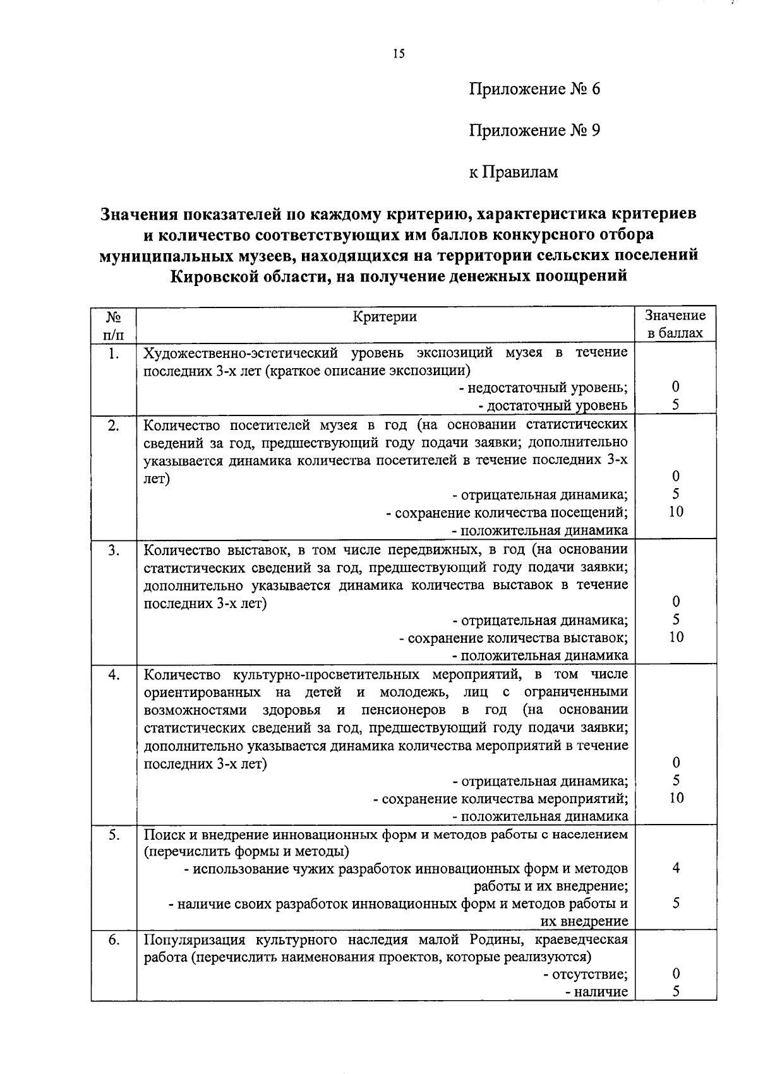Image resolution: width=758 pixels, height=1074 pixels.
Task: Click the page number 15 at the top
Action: click(x=398, y=54)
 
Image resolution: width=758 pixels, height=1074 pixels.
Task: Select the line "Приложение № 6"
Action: click(x=534, y=89)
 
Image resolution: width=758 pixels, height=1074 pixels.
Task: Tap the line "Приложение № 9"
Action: click(x=534, y=131)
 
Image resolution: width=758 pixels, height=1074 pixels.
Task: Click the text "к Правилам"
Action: click(x=514, y=172)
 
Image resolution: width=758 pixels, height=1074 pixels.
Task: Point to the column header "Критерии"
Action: click(x=385, y=317)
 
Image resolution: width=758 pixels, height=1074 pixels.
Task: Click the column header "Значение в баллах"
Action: click(x=675, y=324)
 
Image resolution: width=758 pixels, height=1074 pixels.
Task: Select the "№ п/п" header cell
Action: click(x=113, y=324)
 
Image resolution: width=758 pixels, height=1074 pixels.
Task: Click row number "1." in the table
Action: click(x=113, y=354)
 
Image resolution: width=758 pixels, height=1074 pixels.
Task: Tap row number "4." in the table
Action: click(x=113, y=675)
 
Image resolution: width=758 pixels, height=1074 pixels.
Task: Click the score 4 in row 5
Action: click(x=676, y=868)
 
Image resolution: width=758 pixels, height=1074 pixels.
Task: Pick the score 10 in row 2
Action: click(x=676, y=512)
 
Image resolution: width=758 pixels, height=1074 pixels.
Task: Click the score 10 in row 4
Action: click(x=676, y=798)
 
